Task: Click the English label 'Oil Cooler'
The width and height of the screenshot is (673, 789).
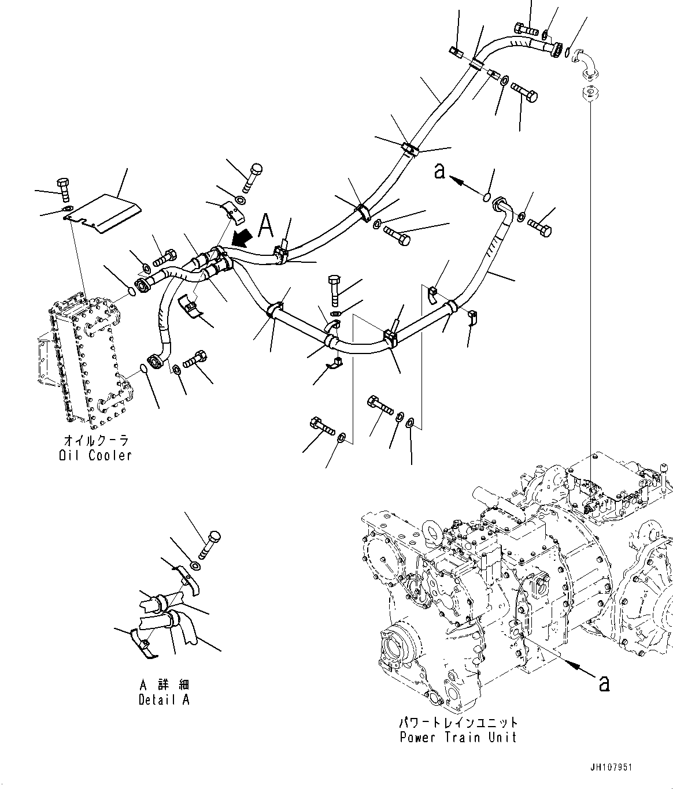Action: point(95,455)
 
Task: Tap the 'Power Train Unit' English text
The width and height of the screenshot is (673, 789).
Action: point(458,737)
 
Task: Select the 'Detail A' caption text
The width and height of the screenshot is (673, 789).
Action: point(164,699)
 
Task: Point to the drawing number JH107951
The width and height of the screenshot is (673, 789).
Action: point(611,768)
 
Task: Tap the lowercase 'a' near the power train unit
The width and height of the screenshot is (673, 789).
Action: point(604,683)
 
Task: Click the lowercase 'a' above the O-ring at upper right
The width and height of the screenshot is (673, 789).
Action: point(440,172)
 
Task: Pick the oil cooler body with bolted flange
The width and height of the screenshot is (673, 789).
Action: point(87,358)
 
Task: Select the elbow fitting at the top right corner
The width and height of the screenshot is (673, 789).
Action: point(588,63)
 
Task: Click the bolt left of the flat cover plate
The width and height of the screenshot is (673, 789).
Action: point(63,189)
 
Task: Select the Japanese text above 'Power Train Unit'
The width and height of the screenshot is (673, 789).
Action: point(458,723)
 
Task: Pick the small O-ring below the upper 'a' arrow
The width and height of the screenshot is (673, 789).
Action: point(487,198)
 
